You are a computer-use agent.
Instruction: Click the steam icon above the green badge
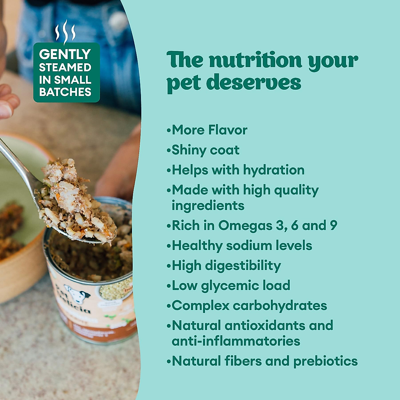click(65, 32)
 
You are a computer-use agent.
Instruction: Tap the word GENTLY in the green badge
click(65, 54)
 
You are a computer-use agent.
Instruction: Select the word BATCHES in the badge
click(65, 92)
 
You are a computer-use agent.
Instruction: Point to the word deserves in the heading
click(254, 82)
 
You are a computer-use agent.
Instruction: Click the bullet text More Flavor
click(209, 130)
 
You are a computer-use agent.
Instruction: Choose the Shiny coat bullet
click(205, 150)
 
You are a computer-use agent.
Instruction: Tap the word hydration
click(274, 170)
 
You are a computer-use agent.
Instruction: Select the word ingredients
click(208, 205)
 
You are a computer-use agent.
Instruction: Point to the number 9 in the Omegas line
click(333, 225)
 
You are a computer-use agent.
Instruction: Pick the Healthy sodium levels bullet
click(242, 246)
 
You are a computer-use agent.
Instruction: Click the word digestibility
click(243, 266)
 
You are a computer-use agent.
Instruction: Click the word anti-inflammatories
click(236, 341)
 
